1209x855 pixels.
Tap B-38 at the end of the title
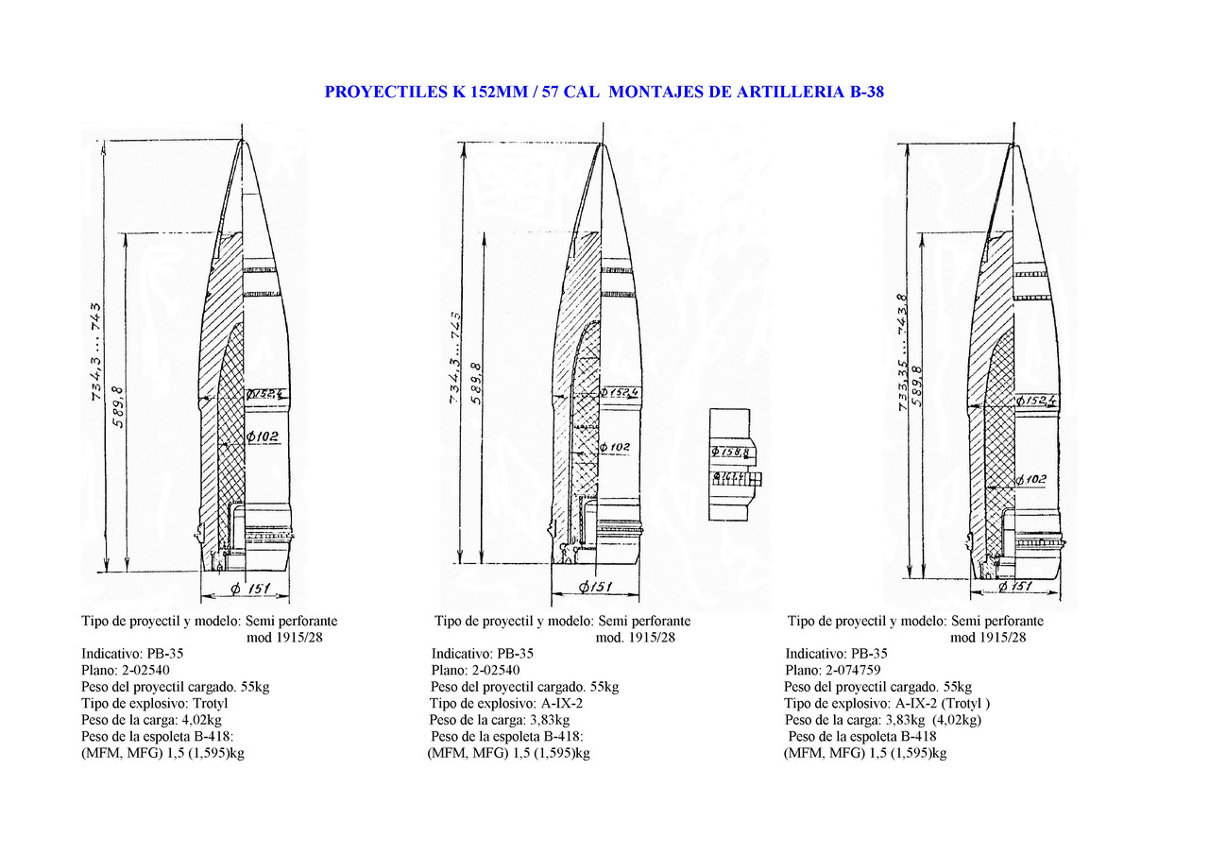860,93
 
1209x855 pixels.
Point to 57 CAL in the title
570,93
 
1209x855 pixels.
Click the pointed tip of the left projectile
243,142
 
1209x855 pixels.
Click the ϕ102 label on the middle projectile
614,447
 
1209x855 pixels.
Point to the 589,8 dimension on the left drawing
118,406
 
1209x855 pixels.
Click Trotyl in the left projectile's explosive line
211,704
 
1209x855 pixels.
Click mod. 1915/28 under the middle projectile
636,638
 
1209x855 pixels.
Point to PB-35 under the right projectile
869,654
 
